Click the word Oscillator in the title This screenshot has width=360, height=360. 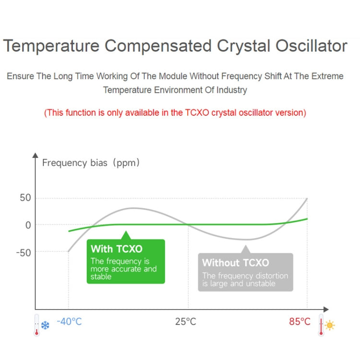tap(311, 46)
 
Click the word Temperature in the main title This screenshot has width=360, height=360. tap(51, 46)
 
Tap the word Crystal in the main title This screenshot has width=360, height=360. tap(243, 46)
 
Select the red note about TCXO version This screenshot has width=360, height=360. tap(175, 113)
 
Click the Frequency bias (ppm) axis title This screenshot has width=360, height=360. tap(91, 163)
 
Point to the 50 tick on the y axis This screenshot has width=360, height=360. tap(25, 198)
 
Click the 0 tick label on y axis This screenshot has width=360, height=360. tap(28, 225)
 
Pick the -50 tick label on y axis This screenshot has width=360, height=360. tap(24, 252)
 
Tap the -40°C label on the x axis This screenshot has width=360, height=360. tap(69, 322)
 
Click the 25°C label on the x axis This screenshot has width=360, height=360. tap(185, 322)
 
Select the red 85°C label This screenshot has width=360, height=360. tap(300, 322)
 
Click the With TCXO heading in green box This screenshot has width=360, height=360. tap(117, 249)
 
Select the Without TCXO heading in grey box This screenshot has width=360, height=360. tap(235, 263)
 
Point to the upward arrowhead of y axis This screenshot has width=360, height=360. tap(35, 155)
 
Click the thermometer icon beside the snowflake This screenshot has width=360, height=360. tap(36, 325)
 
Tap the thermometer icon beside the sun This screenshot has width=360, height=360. tap(321, 325)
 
